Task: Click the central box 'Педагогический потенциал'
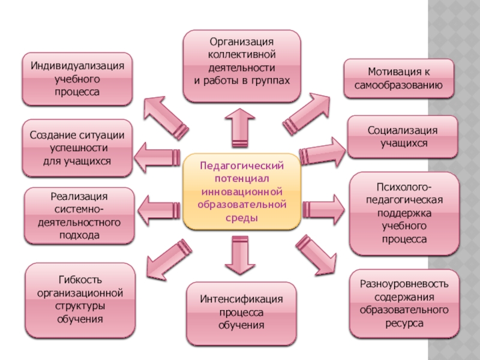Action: pos(241,191)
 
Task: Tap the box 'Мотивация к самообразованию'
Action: pos(394,78)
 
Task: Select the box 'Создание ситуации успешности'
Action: pos(77,148)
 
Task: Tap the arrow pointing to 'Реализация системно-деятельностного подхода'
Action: pos(159,207)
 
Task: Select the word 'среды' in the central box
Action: pos(241,218)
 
